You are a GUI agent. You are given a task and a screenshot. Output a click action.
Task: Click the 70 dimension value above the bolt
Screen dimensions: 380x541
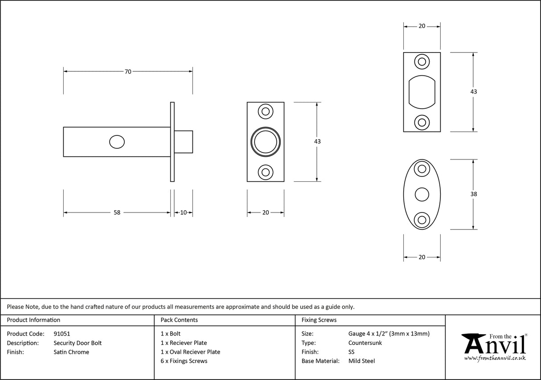[x=128, y=71]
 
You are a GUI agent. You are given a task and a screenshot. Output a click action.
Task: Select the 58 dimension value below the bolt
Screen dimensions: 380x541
[x=117, y=212]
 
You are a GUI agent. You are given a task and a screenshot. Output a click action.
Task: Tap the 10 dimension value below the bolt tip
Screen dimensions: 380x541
[x=183, y=212]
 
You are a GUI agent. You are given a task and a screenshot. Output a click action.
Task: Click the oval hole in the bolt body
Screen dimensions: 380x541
[x=117, y=142]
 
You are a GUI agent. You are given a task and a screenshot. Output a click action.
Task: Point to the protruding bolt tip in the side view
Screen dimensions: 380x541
[x=184, y=142]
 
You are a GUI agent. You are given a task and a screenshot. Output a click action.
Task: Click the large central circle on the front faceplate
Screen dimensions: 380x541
[x=266, y=142]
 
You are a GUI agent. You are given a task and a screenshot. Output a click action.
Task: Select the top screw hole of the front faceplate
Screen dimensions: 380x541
[x=266, y=111]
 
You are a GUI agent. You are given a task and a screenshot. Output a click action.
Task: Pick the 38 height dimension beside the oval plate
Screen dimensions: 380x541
[x=473, y=194]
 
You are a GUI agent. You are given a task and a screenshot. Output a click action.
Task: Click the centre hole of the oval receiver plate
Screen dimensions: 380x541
[x=422, y=194]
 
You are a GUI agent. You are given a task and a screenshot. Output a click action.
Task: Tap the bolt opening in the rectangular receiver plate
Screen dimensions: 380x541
[x=422, y=92]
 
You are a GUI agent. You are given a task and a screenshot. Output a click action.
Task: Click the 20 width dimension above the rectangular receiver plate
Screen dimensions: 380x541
[x=422, y=26]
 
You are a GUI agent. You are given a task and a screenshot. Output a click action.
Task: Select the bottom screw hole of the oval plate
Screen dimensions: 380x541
[x=422, y=220]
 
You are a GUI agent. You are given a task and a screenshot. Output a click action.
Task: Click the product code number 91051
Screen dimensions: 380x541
[x=62, y=333]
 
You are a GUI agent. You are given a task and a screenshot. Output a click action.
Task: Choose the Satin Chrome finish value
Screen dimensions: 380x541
[x=71, y=352]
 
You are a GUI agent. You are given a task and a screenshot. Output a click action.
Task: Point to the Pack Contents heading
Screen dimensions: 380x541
[x=179, y=320]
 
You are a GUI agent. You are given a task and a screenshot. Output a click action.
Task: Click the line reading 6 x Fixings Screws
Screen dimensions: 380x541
[x=184, y=361]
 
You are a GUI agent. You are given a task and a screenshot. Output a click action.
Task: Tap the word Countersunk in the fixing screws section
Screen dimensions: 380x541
[x=365, y=343]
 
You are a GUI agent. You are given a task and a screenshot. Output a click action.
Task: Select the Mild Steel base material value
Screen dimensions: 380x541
[x=361, y=361]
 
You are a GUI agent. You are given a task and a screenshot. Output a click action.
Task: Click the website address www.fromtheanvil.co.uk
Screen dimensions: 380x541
[x=495, y=358]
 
